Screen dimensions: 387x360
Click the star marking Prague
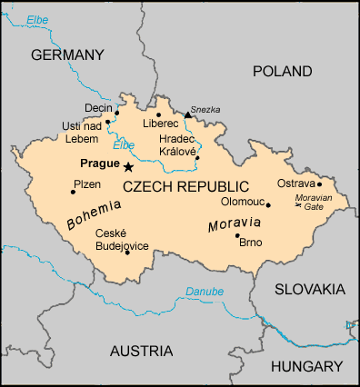point(128,167)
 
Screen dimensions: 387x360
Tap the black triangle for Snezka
point(187,114)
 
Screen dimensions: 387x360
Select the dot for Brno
point(237,235)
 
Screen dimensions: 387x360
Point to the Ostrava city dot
point(319,184)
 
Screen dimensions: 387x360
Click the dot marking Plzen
point(73,192)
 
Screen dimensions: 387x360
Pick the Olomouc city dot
point(268,204)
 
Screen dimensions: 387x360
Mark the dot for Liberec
point(158,115)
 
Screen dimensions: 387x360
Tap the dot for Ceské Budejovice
point(127,252)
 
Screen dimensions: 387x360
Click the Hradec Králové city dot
point(197,157)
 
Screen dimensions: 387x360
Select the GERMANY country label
point(69,55)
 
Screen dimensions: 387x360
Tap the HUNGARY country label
point(305,365)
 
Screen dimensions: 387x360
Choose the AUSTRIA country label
point(141,351)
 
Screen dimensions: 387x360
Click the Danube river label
point(204,292)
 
